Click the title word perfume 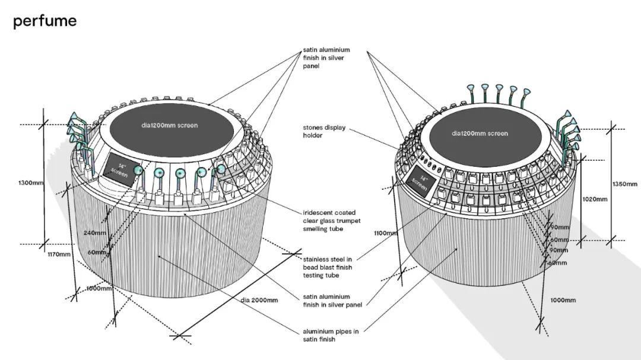pos(45,21)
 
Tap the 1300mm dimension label pos(30,183)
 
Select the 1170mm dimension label pos(59,254)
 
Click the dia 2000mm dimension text pos(259,300)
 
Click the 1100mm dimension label pos(385,233)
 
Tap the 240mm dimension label pos(95,232)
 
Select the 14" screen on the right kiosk pos(423,182)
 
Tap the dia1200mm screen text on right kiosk pos(480,133)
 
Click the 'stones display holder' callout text pos(324,131)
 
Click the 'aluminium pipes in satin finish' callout pos(326,335)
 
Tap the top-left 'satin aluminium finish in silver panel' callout pos(326,58)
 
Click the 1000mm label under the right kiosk pos(562,300)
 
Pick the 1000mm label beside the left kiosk pos(98,289)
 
